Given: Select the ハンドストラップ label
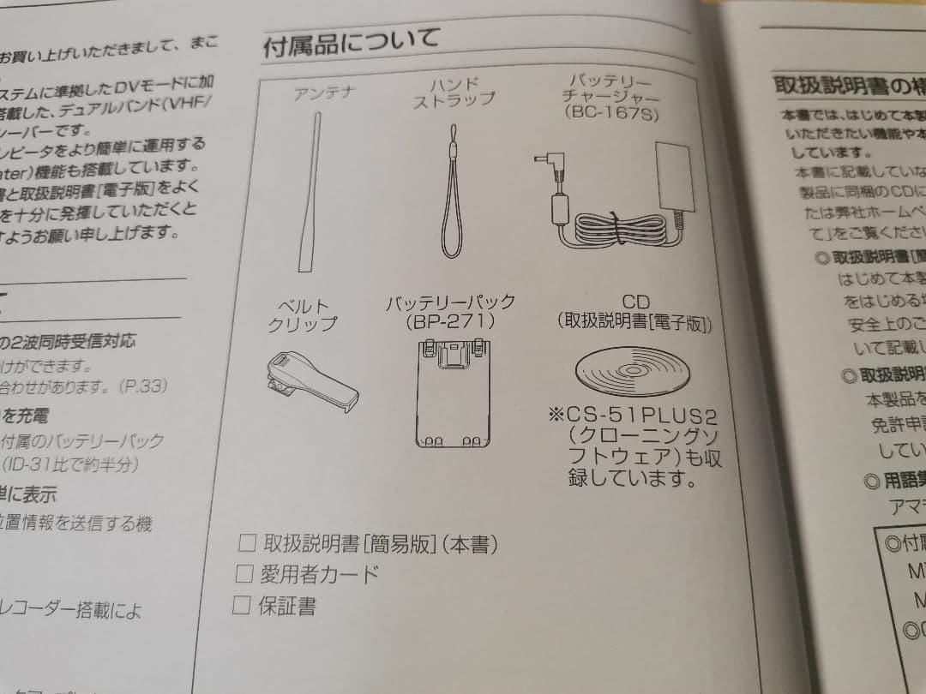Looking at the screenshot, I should tap(454, 92).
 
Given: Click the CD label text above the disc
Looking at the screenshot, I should tap(635, 302).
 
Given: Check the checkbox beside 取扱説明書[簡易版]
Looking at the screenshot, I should tap(248, 542).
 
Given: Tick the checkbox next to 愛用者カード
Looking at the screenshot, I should tap(245, 573).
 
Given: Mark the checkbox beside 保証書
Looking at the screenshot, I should tap(242, 605).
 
